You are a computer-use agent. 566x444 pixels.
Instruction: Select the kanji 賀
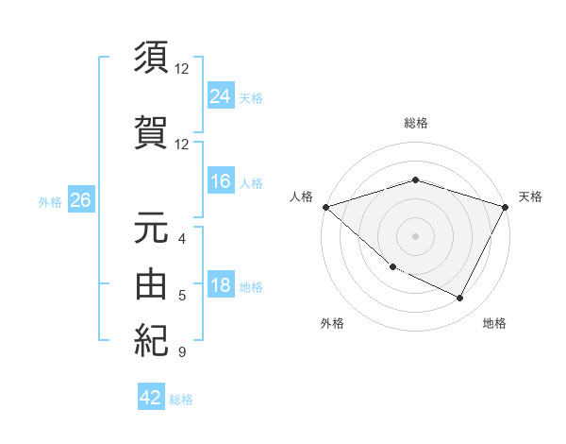tap(151, 131)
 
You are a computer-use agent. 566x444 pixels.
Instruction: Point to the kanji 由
tap(151, 283)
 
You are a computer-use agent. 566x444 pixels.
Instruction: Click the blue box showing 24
tap(220, 95)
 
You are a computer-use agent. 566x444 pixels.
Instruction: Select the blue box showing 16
tap(220, 181)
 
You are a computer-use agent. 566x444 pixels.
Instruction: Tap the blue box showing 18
tap(220, 286)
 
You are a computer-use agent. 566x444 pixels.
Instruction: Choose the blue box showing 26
tap(80, 200)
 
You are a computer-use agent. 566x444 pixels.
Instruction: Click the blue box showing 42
tap(151, 398)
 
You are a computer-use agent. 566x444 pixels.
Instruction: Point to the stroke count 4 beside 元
tap(182, 239)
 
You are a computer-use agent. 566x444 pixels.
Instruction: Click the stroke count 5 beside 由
tap(182, 296)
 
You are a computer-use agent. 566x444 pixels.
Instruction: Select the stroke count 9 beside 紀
tap(182, 352)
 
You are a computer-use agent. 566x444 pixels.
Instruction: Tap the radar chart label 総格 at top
tap(415, 124)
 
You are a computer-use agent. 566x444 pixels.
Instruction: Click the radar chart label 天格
tap(530, 196)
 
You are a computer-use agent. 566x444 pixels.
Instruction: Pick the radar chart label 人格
tap(301, 196)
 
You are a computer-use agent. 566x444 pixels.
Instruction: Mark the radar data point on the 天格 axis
tap(506, 207)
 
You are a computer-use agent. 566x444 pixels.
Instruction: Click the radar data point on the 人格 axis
tap(325, 207)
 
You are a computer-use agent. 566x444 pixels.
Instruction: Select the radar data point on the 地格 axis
tap(459, 299)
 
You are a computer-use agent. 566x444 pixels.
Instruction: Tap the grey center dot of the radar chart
tap(415, 236)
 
